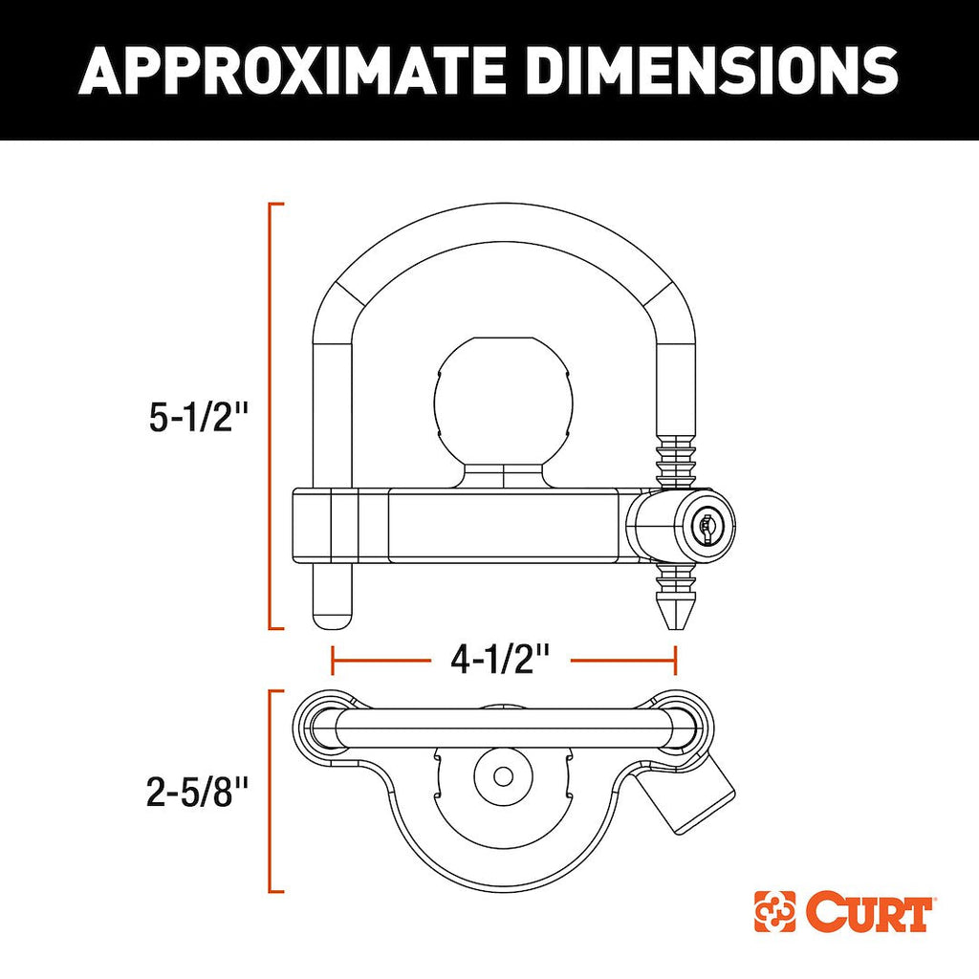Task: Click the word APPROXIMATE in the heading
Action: [292, 71]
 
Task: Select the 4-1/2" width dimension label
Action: [501, 660]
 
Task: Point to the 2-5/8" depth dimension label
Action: [197, 793]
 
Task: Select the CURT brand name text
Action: [868, 913]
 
